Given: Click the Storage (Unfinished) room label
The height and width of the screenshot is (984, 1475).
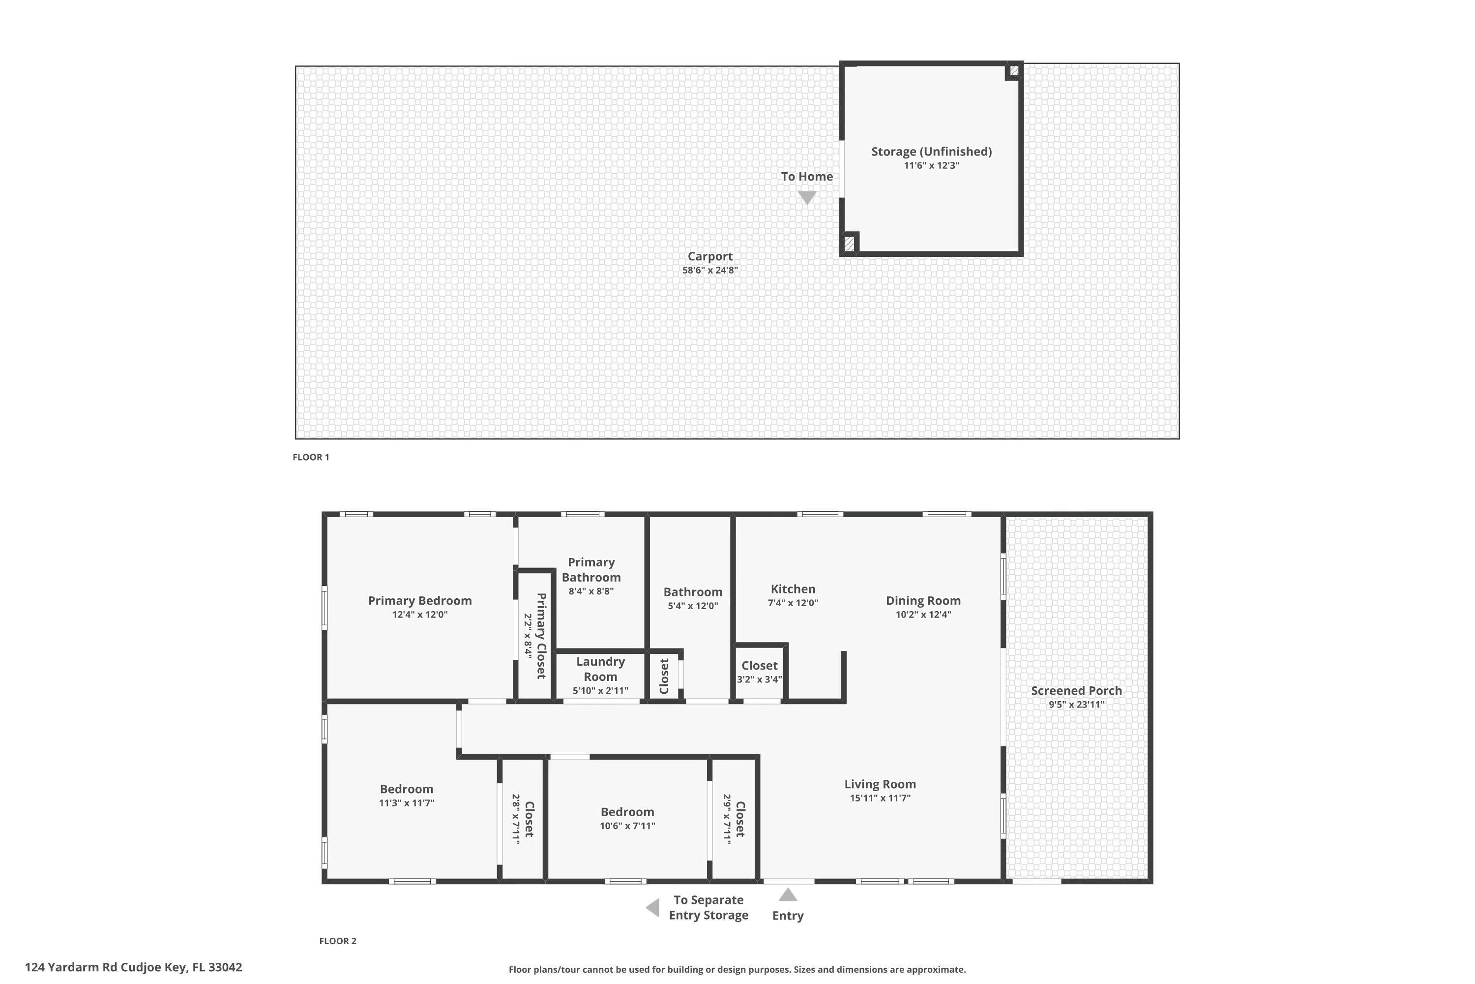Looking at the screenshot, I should [x=931, y=151].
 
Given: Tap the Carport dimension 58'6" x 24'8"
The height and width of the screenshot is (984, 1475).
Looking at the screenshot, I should [x=710, y=271].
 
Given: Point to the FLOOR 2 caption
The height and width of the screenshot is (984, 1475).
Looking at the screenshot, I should [x=337, y=941].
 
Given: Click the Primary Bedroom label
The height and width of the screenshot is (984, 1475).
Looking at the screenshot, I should [x=419, y=601].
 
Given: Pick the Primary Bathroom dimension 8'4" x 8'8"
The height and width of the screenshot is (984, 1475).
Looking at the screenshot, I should [x=591, y=591].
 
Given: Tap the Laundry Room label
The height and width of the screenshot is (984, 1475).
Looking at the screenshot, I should [x=600, y=669].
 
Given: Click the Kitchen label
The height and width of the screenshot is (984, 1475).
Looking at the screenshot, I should [x=793, y=588].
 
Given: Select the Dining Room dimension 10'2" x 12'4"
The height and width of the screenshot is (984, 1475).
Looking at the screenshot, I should [x=923, y=615].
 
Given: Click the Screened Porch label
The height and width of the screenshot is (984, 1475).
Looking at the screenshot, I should [x=1076, y=690].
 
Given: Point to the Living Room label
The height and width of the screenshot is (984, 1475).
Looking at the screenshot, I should [x=880, y=784].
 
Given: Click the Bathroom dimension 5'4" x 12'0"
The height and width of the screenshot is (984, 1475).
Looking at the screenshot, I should [x=693, y=606].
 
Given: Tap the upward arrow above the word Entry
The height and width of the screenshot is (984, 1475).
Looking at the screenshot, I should [x=788, y=895].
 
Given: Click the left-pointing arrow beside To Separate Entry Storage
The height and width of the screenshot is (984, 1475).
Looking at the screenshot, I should [x=653, y=907].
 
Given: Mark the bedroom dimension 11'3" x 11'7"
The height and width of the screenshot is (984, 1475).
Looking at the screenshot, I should [x=407, y=802].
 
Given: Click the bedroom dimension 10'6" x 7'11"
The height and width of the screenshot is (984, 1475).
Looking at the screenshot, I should [x=627, y=826].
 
